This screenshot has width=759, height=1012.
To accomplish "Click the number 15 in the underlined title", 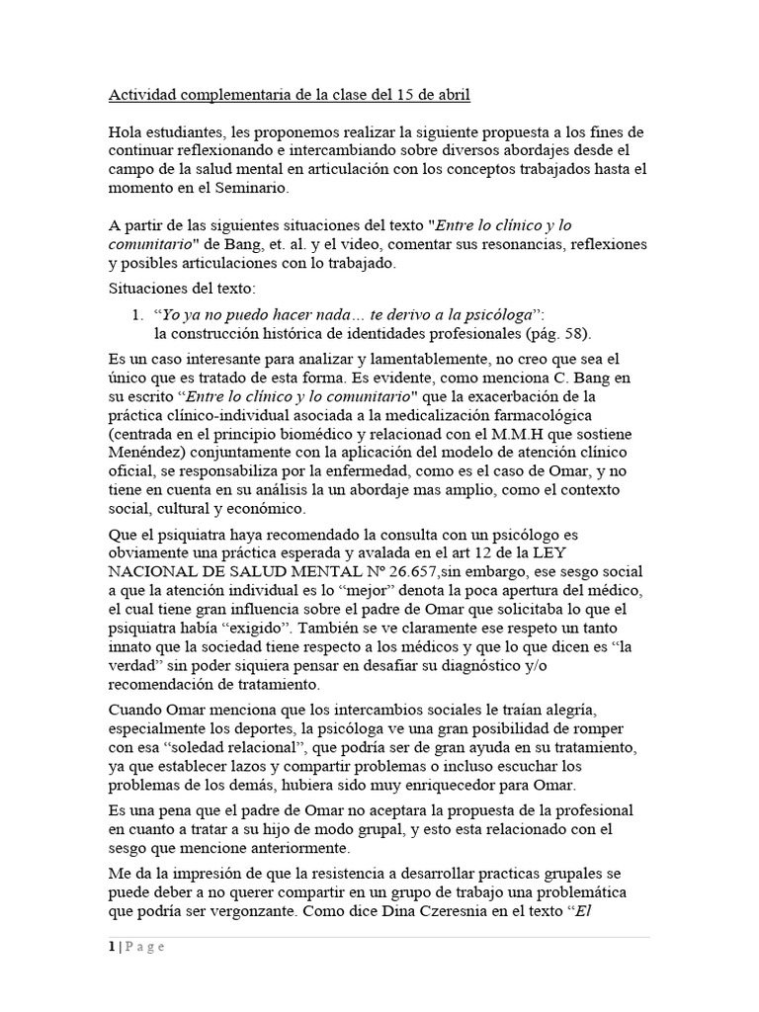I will click(x=406, y=96).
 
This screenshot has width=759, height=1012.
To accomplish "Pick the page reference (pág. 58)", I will click(x=562, y=332).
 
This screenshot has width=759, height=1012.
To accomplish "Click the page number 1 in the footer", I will click(x=112, y=947).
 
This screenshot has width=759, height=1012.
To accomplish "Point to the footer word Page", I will click(x=144, y=947).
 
